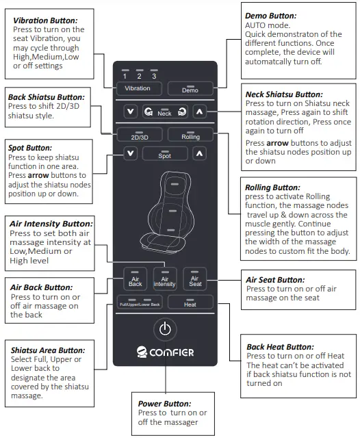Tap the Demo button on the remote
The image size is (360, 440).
[x=189, y=88]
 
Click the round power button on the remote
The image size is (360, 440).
[x=164, y=329]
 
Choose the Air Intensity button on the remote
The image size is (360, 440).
[x=164, y=279]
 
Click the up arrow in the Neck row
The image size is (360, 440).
[x=198, y=112]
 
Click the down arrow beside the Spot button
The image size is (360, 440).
[x=130, y=155]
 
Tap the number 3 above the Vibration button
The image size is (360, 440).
[x=154, y=76]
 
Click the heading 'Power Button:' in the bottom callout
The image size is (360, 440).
[x=165, y=404]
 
